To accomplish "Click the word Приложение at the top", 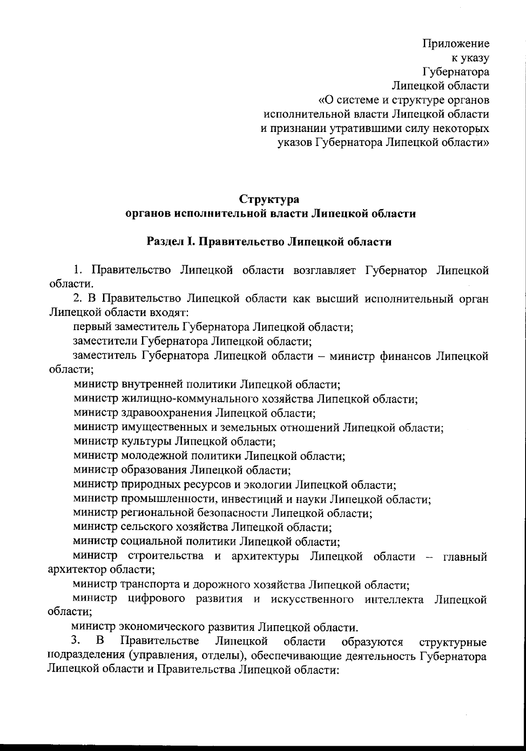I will (456, 43).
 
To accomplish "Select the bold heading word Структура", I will (270, 199).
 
